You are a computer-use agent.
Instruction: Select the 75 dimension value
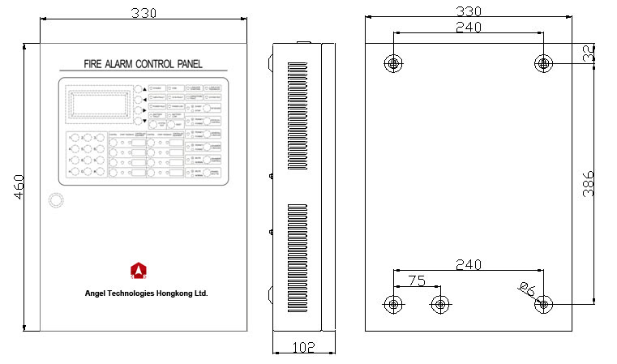pos(416,281)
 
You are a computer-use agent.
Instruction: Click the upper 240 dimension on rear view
pos(469,27)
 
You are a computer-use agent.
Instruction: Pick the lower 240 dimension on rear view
pos(469,264)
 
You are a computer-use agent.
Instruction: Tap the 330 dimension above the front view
pos(143,12)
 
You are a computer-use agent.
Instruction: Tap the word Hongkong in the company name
pos(175,293)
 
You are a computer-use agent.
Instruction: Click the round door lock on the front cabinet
pos(55,200)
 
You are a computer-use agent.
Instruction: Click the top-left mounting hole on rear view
pos(393,63)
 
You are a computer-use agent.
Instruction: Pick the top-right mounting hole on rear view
pos(544,63)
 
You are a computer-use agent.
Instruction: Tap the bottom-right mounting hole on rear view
pos(544,304)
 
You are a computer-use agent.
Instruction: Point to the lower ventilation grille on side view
pos(298,259)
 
